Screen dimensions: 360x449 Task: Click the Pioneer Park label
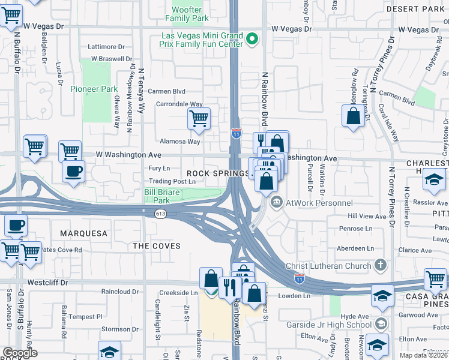94,89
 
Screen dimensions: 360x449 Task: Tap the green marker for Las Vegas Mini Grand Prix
252,41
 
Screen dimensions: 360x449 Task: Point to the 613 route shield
160,213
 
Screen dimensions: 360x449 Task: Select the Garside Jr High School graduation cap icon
380,325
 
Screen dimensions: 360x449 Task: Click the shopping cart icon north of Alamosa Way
199,118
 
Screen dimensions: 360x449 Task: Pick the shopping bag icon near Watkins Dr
353,116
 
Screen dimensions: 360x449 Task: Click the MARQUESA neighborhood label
84,233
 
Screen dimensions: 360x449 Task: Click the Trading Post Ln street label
173,181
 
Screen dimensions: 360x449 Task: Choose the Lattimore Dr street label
106,46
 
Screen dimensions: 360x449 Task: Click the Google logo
20,353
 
